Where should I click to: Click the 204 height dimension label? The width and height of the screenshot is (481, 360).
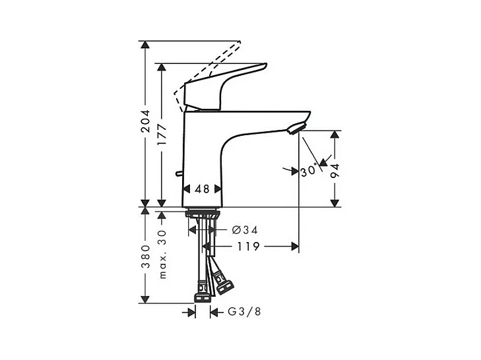[x=145, y=121]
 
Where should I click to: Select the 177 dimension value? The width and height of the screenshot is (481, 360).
[x=162, y=135]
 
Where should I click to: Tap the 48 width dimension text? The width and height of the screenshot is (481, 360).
[x=202, y=189]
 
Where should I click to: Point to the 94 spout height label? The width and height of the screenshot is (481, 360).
[x=335, y=171]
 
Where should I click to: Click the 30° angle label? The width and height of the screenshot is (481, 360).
[x=309, y=171]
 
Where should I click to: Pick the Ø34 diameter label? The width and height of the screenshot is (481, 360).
[x=245, y=229]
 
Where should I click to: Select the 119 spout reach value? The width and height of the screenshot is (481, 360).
[x=248, y=246]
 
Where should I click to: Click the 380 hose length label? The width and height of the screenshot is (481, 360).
[x=145, y=256]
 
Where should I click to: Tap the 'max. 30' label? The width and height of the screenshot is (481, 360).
[x=162, y=255]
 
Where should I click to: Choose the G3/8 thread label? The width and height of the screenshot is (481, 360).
[x=244, y=312]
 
